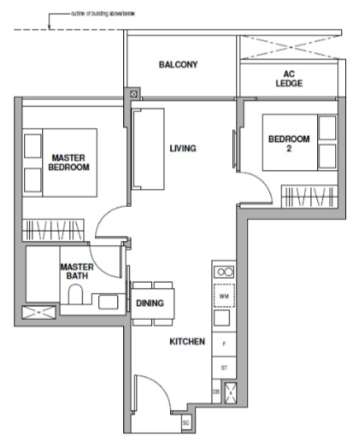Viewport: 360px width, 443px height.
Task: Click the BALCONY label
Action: point(178,64)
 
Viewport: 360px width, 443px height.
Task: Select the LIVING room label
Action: point(182,148)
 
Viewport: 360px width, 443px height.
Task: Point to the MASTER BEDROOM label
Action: point(69,161)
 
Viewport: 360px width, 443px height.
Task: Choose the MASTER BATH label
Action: point(75,271)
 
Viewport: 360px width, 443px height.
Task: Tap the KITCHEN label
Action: point(187,341)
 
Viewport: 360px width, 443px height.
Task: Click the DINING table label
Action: point(150,303)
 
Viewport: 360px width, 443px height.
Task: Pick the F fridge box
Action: point(223,340)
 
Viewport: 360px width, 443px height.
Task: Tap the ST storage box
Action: point(223,365)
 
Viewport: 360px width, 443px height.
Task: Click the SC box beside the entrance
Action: point(186,422)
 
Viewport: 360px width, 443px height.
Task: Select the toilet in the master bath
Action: point(76,294)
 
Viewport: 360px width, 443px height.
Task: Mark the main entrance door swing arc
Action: point(153,392)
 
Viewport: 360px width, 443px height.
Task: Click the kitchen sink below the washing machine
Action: point(223,318)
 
